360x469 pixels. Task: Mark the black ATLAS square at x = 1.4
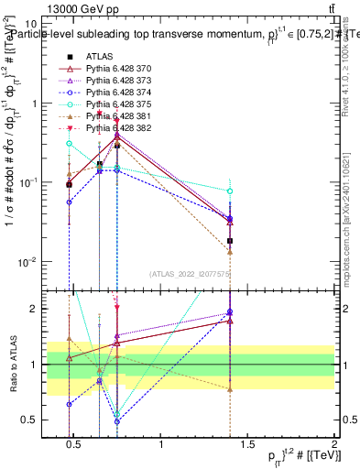point(230,241)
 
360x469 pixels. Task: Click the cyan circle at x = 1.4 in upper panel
point(230,191)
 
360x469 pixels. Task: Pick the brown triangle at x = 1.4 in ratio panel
point(230,388)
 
